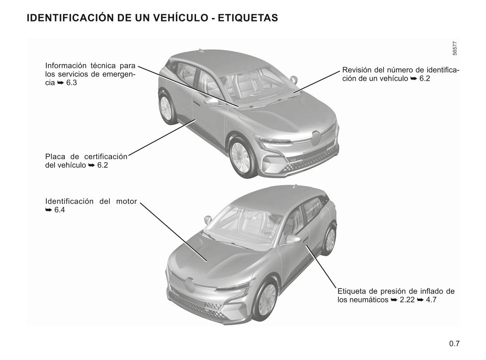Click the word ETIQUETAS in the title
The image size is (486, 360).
click(248, 18)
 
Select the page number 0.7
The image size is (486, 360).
click(454, 344)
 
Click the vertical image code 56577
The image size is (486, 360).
click(455, 48)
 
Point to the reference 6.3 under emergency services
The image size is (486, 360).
click(72, 83)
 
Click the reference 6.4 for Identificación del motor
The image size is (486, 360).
click(60, 210)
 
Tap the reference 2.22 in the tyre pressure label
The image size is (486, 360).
click(407, 300)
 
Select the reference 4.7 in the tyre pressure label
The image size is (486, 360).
click(431, 300)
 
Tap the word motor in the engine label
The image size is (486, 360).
click(127, 202)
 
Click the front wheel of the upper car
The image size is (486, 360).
click(241, 157)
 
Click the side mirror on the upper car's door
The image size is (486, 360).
click(211, 101)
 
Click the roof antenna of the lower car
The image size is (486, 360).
click(294, 186)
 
